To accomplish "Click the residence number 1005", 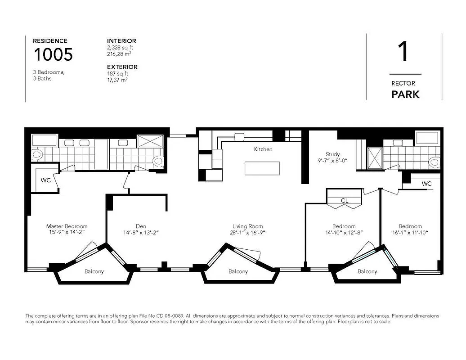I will point(53,54).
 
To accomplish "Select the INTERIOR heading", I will point(121,41).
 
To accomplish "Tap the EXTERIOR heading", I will point(122,67).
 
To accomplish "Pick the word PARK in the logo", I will point(405,94).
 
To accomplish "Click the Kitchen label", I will point(263,149).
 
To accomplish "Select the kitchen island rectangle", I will point(262,168).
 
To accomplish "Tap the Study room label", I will point(333,154).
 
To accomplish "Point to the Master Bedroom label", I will point(67,226).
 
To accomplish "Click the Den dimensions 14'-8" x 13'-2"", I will point(141,233).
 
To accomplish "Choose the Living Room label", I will point(247,226).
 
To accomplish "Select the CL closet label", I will point(344,201).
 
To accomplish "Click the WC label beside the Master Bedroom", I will point(45,180).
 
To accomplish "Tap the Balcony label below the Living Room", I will point(238,271).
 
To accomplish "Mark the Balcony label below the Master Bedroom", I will point(94,271).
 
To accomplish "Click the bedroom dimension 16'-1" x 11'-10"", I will point(410,233).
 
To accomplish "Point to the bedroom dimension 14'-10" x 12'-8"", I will point(344,233).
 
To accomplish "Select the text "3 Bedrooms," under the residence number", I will point(49,72).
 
